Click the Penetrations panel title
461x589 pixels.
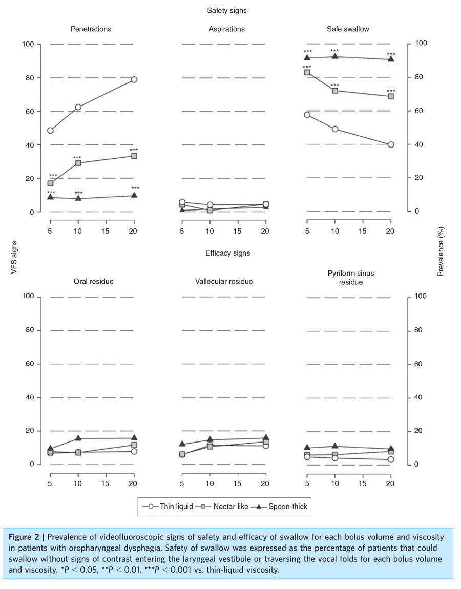tap(91, 29)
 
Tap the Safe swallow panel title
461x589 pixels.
tap(348, 29)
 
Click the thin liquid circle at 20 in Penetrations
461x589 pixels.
tap(134, 79)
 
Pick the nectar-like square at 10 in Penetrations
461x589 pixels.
tap(78, 163)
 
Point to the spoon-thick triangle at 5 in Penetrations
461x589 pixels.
tap(50, 197)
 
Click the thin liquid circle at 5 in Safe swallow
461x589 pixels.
tap(307, 115)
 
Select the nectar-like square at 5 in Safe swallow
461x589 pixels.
tap(307, 73)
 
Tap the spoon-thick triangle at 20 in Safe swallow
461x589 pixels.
tap(391, 59)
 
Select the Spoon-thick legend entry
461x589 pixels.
tap(281, 507)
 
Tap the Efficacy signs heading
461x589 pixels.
tap(227, 253)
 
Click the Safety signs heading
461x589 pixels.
tap(227, 10)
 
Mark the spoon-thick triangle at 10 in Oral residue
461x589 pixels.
tap(78, 438)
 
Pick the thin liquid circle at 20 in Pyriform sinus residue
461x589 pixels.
tap(391, 459)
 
